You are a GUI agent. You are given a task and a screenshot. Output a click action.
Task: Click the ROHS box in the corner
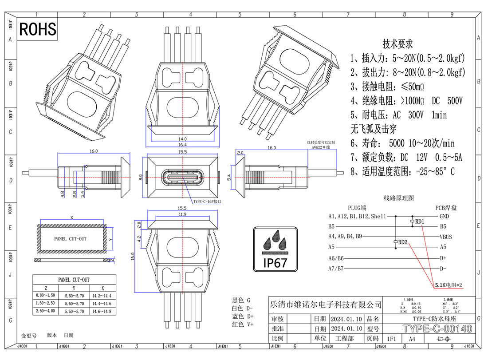[38, 29]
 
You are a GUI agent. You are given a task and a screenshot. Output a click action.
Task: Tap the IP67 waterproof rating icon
[275, 249]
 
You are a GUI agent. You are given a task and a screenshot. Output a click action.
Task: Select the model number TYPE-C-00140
[437, 329]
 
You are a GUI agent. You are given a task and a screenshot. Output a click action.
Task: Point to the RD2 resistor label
[403, 242]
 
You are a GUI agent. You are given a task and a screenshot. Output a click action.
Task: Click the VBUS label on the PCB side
[445, 237]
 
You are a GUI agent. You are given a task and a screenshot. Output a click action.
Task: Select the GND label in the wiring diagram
[444, 216]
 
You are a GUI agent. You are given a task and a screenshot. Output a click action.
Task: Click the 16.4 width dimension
[182, 145]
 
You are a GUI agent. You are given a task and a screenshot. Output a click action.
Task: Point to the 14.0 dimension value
[182, 139]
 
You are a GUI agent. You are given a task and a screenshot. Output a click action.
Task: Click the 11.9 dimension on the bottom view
[182, 214]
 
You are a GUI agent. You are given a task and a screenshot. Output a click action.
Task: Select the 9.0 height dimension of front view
[141, 178]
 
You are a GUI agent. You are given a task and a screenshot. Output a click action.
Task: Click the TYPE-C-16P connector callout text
[207, 202]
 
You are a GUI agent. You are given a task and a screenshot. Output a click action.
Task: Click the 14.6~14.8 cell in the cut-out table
[102, 312]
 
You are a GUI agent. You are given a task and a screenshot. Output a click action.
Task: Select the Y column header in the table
[73, 288]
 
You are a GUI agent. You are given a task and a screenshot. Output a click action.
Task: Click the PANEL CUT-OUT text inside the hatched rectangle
[70, 239]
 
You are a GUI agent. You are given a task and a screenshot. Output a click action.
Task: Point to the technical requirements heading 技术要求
[397, 44]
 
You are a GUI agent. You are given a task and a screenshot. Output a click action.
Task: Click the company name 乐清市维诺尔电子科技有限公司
[326, 305]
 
